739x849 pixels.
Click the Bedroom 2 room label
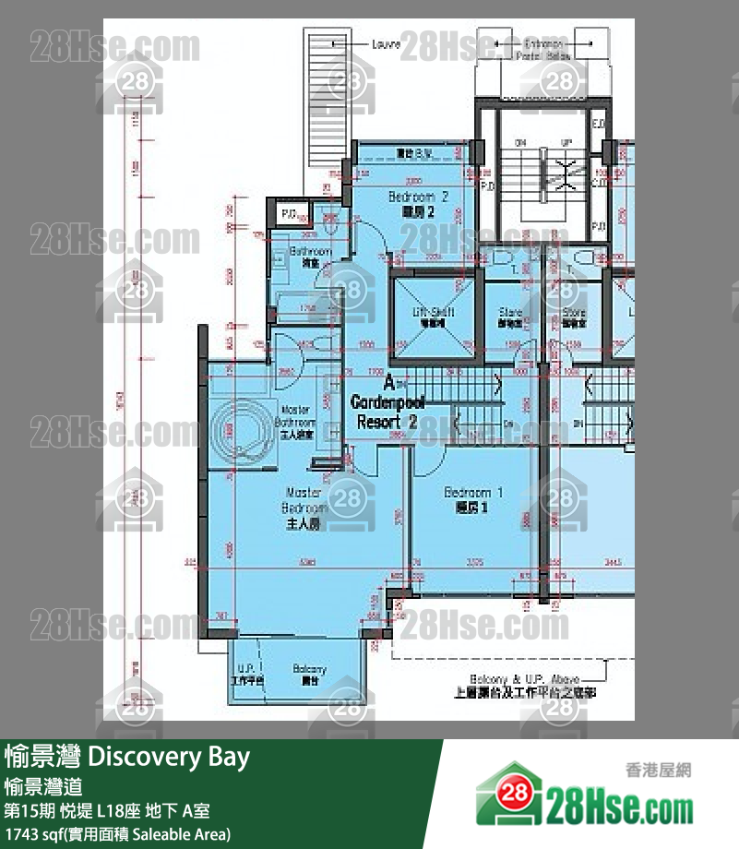pyautogui.click(x=418, y=197)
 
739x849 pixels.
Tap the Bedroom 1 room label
pyautogui.click(x=472, y=493)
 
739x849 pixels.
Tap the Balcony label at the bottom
pyautogui.click(x=309, y=669)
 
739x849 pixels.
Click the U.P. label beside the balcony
pyautogui.click(x=246, y=669)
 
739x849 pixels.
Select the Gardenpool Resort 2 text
pyautogui.click(x=386, y=412)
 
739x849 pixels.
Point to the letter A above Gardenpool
pyautogui.click(x=388, y=381)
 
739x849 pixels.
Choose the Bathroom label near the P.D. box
pyautogui.click(x=310, y=252)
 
